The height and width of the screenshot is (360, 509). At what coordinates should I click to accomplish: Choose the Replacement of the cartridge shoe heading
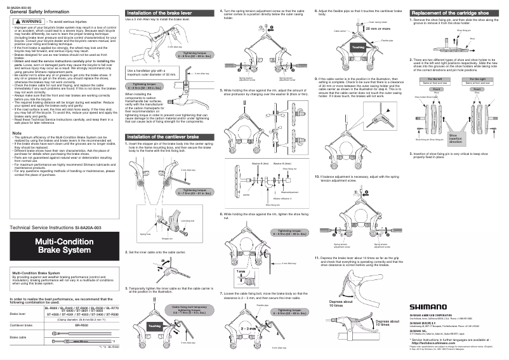tap(453, 13)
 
